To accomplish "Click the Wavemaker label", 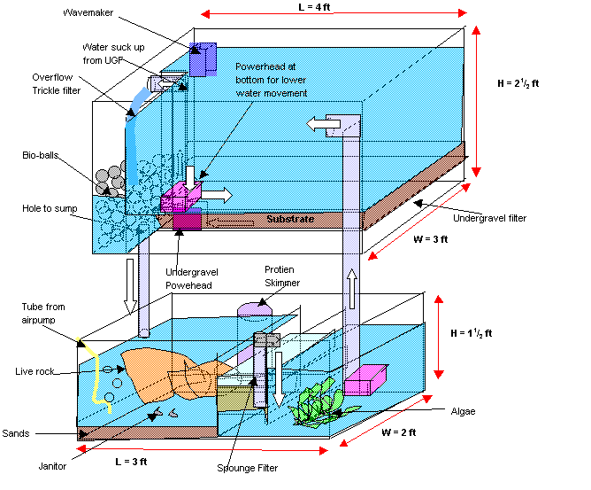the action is tap(88, 12).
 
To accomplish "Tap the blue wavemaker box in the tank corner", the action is tap(203, 59).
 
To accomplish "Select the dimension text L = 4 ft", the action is tap(314, 7).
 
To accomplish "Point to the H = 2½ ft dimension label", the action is tap(518, 83).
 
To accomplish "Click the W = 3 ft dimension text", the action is tap(431, 239).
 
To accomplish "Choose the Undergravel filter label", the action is tap(489, 218).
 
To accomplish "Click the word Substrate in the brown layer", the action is tap(290, 219).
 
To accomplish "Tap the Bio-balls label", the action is tap(41, 155).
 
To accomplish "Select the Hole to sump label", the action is tap(50, 208).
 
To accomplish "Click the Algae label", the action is tap(463, 411).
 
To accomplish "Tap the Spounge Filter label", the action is tap(247, 468).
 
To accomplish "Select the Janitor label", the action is tap(52, 466).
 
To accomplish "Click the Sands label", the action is tap(15, 433).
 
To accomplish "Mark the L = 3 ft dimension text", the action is tap(131, 462).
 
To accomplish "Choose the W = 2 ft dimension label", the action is tap(399, 432).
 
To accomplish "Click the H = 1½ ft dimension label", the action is tap(472, 333).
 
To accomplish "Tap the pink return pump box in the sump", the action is tap(365, 380).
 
